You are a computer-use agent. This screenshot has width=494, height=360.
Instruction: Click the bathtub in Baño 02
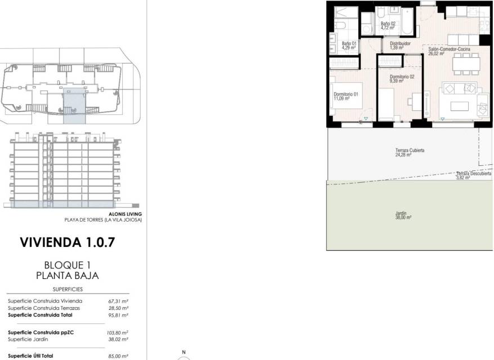(407, 21)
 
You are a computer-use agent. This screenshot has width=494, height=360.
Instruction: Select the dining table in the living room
(466, 64)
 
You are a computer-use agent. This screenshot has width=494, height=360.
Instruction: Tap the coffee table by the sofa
(459, 106)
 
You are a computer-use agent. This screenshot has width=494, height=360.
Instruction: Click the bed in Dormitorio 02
(386, 104)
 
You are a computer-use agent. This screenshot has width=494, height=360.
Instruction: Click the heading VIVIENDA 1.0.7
(68, 242)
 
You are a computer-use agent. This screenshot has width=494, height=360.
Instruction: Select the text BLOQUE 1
(68, 265)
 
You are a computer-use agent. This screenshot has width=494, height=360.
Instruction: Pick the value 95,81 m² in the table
(118, 315)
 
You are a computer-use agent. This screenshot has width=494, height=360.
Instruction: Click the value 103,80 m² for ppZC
(117, 332)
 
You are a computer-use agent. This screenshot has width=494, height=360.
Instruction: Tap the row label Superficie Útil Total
(30, 356)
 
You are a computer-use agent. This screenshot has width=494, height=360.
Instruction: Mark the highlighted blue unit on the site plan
(74, 106)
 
